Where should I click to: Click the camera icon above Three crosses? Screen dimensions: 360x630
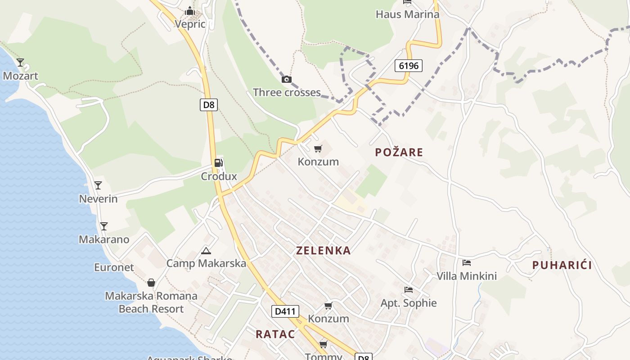286,80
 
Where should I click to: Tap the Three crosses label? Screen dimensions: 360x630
287,93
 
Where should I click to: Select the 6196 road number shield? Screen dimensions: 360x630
409,66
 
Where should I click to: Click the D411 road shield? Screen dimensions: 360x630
285,311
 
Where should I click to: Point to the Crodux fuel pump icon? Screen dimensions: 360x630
219,163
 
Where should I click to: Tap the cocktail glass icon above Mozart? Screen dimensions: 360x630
20,62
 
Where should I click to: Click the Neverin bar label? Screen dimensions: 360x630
98,198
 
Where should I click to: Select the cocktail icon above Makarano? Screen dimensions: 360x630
104,226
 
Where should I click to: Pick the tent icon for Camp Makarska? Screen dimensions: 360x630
206,251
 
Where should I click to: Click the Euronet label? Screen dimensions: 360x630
114,267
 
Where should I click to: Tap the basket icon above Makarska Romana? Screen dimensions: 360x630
151,283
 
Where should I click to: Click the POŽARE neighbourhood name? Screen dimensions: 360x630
399,153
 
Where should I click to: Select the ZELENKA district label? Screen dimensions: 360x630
323,251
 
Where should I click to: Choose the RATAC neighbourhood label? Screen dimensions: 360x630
275,334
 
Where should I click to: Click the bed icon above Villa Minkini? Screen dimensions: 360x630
467,262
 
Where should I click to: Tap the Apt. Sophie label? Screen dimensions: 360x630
409,303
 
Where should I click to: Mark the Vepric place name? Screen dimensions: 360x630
190,24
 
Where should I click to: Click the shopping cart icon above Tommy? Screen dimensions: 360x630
323,345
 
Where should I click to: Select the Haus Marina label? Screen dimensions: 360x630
407,14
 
